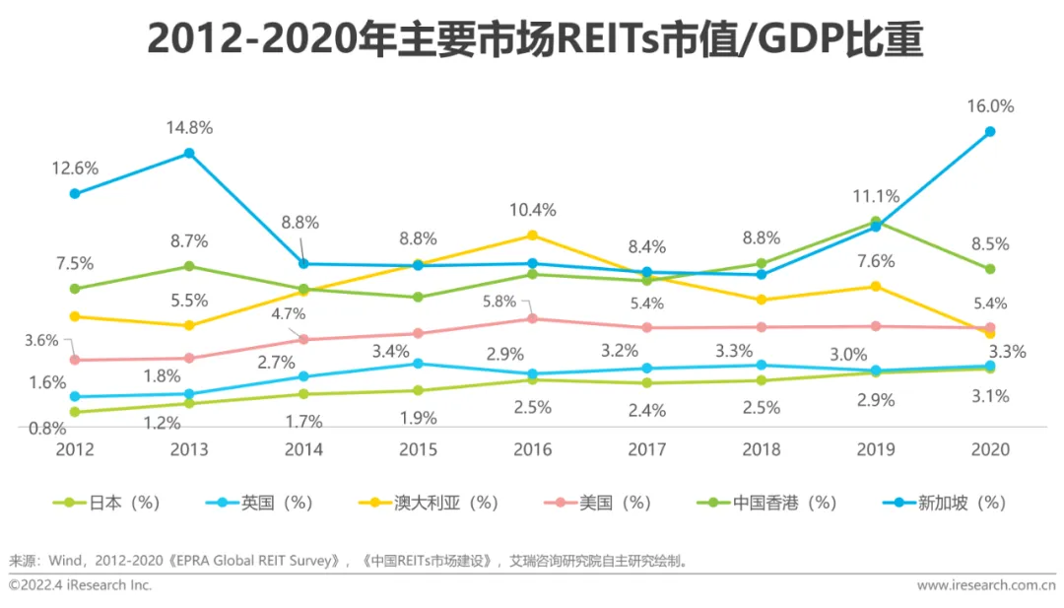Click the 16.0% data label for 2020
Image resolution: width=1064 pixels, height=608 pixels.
(x=990, y=106)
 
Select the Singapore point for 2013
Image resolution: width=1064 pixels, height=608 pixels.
(x=189, y=153)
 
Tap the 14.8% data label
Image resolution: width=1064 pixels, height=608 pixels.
(x=189, y=127)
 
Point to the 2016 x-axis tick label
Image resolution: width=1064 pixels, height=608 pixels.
(x=532, y=449)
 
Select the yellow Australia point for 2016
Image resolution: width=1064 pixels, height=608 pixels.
(x=532, y=235)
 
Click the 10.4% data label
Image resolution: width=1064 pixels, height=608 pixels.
(x=532, y=209)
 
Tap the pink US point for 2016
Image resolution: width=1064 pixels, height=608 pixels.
(x=532, y=318)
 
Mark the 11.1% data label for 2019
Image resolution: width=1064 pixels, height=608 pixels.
(x=876, y=195)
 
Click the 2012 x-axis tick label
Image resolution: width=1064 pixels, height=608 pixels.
(x=75, y=449)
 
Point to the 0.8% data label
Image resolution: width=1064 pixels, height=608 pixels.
(x=46, y=428)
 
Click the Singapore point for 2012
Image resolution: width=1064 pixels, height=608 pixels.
(x=75, y=193)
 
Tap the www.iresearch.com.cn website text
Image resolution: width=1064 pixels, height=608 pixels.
(x=986, y=584)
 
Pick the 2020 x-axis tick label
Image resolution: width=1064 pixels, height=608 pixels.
(x=990, y=449)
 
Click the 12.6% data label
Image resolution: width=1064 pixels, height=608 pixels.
(x=75, y=168)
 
